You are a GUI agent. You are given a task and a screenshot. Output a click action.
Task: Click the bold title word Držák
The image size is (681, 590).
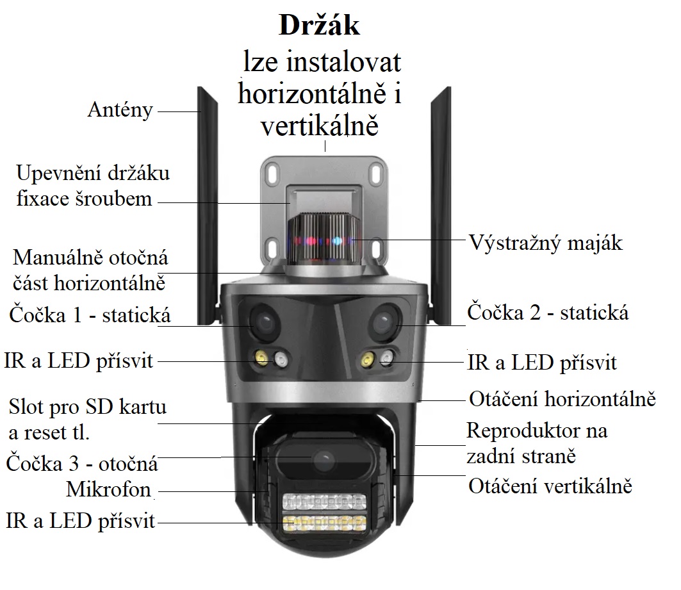click(x=319, y=26)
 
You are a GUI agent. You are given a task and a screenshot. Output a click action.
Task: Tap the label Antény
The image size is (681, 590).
click(x=120, y=110)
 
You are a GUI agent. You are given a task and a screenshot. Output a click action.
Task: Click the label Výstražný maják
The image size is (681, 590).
click(x=545, y=243)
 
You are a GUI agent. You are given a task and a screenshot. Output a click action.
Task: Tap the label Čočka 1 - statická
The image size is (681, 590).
click(x=90, y=315)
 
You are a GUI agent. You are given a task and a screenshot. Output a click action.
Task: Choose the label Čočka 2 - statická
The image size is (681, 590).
click(x=548, y=313)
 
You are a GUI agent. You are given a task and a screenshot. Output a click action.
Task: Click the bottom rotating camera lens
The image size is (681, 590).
click(x=324, y=459)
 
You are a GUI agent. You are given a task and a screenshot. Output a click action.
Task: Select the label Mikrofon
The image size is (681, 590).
click(x=108, y=491)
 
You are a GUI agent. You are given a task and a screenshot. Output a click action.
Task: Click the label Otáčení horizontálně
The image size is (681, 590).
click(x=562, y=399)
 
